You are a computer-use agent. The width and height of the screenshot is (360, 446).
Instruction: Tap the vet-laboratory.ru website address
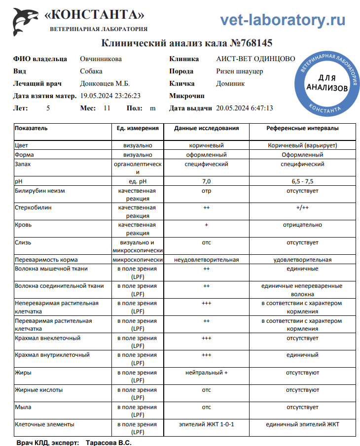point(282,20)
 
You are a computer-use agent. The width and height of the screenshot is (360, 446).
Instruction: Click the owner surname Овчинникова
point(101,59)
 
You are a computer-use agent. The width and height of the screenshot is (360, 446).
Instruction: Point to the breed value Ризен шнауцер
point(239,71)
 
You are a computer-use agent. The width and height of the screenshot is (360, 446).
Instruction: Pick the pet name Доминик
point(230,84)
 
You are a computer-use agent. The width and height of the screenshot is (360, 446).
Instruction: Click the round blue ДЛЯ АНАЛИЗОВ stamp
point(326,82)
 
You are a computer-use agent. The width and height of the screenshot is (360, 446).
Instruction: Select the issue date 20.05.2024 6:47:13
point(245,108)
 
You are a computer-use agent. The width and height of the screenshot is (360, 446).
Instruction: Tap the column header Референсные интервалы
point(302,128)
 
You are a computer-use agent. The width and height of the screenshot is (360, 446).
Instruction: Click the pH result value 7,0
point(206,181)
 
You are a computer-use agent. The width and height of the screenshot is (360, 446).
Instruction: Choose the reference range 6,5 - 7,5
point(302,181)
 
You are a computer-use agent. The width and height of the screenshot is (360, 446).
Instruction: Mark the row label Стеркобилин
point(33,207)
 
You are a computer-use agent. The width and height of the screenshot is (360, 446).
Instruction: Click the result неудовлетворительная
point(206,260)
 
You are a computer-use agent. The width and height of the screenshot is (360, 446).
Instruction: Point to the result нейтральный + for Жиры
point(206,373)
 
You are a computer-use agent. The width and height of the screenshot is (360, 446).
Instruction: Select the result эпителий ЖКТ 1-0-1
point(206,424)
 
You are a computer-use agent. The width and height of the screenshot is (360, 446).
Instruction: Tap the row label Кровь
point(24,225)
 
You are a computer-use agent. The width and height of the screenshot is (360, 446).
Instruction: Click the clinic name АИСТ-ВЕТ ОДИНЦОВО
point(255,59)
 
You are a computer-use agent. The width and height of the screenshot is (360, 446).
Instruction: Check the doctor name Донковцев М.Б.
point(105,84)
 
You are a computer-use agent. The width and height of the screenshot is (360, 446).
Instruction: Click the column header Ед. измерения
point(138,128)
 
